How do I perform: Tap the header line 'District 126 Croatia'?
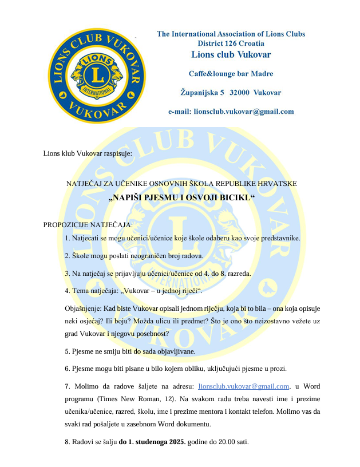[x=231, y=43]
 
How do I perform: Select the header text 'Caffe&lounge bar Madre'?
[x=231, y=73]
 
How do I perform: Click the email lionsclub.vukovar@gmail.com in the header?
[x=231, y=112]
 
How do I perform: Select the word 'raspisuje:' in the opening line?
[x=118, y=154]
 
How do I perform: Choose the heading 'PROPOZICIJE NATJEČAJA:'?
[x=88, y=224]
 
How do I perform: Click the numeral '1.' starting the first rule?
[x=68, y=238]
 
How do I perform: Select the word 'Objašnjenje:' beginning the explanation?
[x=84, y=308]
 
